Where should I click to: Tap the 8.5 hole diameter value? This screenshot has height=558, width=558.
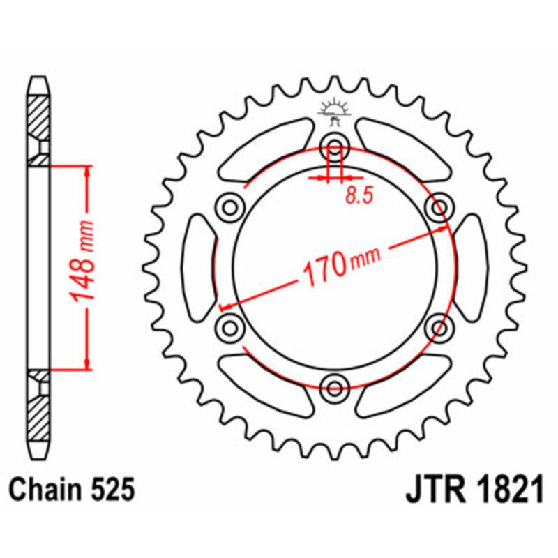[x=359, y=196]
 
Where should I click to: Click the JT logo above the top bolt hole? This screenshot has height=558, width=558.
[x=335, y=112]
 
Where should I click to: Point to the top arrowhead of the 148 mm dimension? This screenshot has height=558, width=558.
[x=86, y=172]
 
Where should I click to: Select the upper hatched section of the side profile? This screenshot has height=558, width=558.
[x=39, y=115]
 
